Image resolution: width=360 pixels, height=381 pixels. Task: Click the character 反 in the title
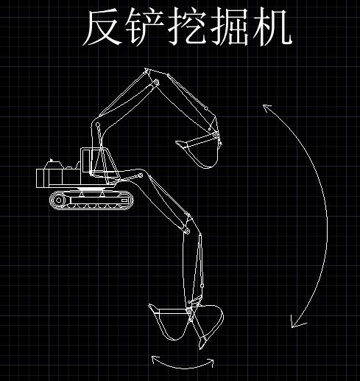point(103,27)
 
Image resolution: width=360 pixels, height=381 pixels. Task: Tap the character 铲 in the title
point(145,27)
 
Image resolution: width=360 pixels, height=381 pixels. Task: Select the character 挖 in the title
point(186,27)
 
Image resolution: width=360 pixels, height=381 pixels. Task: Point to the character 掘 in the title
point(230,27)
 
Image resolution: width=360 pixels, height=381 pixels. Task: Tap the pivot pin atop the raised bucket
point(215,135)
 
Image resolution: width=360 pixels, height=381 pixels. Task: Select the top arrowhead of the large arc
point(267,108)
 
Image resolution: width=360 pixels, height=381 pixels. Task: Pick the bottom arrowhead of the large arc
point(297,321)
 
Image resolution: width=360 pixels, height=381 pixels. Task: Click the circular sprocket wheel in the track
point(58,200)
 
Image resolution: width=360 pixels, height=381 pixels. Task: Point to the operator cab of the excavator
point(97,162)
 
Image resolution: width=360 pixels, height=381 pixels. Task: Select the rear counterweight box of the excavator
point(43,178)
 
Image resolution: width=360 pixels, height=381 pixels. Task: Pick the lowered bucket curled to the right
point(208,324)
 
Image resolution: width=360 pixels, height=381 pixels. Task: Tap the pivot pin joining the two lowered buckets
point(188,311)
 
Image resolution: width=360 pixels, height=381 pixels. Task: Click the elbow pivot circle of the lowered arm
point(187,231)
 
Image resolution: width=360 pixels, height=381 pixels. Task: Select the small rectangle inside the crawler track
point(124,200)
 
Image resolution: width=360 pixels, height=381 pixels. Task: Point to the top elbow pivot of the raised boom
point(156,82)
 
